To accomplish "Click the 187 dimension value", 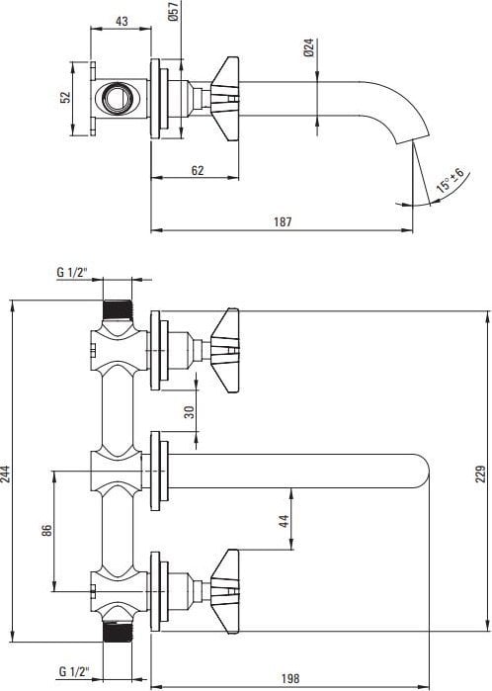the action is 283,221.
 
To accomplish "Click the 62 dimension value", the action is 198,170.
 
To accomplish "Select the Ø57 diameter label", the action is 174,11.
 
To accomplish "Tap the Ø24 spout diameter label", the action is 309,47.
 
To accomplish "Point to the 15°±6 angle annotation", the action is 451,180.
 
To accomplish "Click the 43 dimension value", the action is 122,21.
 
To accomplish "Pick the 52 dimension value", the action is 65,97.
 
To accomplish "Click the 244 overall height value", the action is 5,475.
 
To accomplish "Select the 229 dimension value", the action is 480,474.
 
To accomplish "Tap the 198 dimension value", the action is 289,679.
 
